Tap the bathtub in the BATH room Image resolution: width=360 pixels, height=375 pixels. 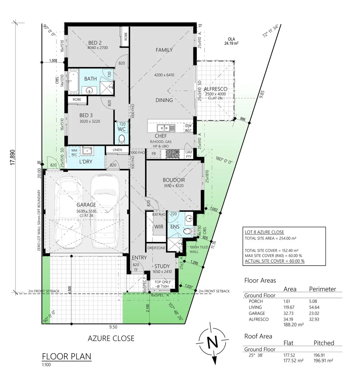pyautogui.click(x=73, y=82)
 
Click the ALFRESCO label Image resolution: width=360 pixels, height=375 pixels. pyautogui.click(x=215, y=89)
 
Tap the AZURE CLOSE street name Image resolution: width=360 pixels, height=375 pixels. pyautogui.click(x=111, y=338)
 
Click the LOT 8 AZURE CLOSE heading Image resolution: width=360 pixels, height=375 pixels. pyautogui.click(x=265, y=232)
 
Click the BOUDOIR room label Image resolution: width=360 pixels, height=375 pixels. pyautogui.click(x=174, y=180)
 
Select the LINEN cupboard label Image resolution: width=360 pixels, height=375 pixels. pyautogui.click(x=117, y=150)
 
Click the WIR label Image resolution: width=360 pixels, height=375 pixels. pyautogui.click(x=159, y=227)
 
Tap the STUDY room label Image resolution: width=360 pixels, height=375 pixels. pyautogui.click(x=162, y=266)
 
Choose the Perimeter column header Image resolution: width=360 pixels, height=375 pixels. pyautogui.click(x=323, y=289)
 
